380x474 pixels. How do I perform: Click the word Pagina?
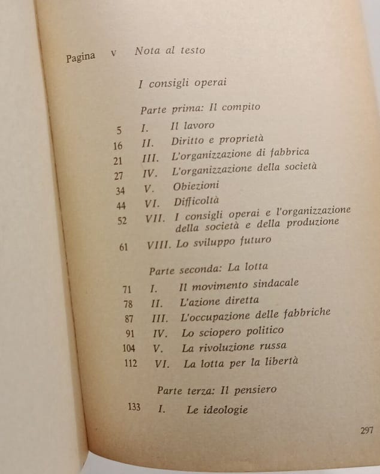[81, 58]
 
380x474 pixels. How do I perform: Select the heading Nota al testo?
[170, 50]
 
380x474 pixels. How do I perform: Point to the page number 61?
[123, 247]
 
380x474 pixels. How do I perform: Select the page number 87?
[129, 318]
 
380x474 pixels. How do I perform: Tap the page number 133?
[134, 407]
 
